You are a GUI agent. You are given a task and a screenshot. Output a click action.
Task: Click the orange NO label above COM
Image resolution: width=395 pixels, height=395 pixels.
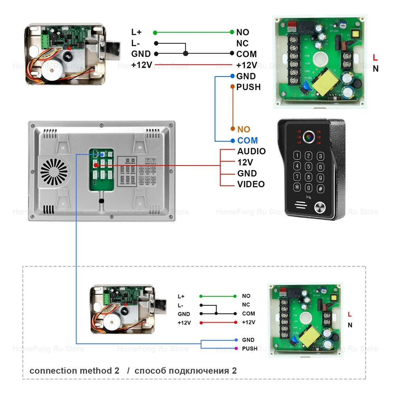click(x=244, y=129)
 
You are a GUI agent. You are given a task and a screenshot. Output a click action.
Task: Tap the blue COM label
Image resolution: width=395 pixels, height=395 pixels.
click(x=247, y=140)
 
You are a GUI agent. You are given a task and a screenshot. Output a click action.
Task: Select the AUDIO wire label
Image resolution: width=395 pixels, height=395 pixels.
click(x=251, y=151)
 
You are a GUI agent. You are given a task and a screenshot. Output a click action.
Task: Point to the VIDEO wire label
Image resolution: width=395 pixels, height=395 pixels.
click(x=251, y=184)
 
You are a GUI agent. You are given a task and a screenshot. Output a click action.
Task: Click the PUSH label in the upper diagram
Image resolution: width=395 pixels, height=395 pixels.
click(x=248, y=87)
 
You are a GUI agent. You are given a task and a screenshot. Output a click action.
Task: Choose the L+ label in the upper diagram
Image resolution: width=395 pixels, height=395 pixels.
click(x=137, y=32)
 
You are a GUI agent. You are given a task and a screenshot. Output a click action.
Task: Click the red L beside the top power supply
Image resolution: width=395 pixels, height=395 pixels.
click(x=375, y=58)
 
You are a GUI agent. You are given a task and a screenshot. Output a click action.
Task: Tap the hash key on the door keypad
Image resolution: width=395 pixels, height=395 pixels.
click(x=320, y=188)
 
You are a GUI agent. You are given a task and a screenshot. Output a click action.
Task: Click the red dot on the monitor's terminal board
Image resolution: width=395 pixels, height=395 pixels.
click(x=96, y=164)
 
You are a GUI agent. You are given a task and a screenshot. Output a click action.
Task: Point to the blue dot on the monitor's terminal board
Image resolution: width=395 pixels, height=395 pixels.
click(x=102, y=154)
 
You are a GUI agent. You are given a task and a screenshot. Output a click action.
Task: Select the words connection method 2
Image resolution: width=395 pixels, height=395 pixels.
click(x=74, y=371)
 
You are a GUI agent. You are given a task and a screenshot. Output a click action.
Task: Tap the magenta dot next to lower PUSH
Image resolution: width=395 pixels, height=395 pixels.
click(x=236, y=348)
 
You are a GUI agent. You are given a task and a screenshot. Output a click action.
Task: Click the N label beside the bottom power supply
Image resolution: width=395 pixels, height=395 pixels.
click(x=350, y=325)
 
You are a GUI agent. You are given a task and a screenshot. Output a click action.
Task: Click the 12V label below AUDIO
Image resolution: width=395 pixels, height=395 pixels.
click(x=245, y=162)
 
